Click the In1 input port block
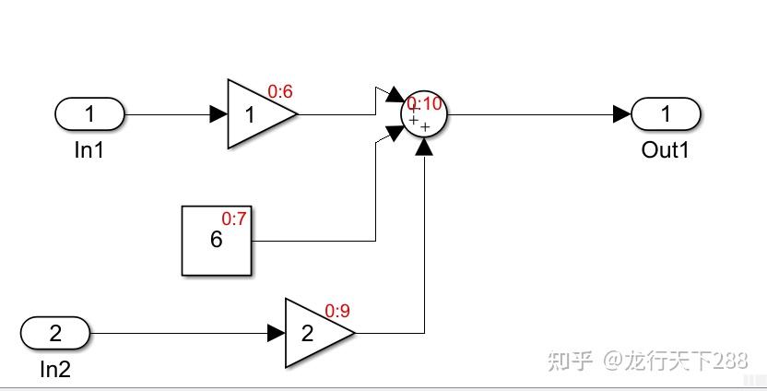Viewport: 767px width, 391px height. pos(90,114)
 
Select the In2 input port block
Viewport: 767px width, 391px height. pos(55,333)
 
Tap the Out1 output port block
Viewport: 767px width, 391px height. pos(666,114)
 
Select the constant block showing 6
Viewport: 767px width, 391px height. pos(217,241)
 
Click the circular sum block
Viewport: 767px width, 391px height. pos(424,114)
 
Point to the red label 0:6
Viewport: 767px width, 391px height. pos(280,91)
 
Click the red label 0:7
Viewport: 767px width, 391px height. pos(234,219)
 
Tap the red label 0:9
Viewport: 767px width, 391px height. pos(338,311)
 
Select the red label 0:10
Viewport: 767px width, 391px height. pos(424,104)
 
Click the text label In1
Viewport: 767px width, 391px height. pos(89,149)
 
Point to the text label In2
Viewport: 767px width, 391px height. pos(55,370)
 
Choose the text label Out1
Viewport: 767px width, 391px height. pos(666,149)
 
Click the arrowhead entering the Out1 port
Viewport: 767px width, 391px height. pos(622,114)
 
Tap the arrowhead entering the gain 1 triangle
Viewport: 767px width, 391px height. pos(218,114)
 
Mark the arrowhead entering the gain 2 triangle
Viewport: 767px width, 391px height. pos(277,333)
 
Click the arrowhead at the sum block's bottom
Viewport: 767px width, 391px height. pos(424,147)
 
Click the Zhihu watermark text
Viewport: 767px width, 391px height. pos(648,361)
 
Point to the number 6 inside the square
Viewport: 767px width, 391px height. pos(217,240)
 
